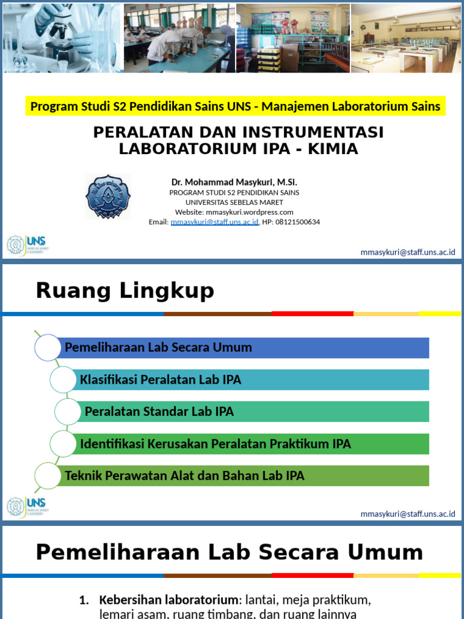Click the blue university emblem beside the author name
click(108, 196)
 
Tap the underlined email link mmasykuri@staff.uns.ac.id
click(214, 222)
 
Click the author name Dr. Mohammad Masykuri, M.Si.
click(234, 182)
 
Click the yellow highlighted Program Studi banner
click(236, 107)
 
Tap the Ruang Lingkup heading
click(125, 291)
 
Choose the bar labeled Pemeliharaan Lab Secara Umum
click(242, 348)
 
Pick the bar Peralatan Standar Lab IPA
click(254, 412)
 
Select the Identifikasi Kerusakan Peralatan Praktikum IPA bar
click(251, 444)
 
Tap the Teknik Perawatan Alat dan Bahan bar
click(242, 476)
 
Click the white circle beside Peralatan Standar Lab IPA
click(67, 412)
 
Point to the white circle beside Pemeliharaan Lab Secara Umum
click(48, 348)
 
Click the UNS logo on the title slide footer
click(27, 245)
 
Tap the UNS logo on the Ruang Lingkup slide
click(27, 507)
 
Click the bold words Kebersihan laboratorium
click(169, 600)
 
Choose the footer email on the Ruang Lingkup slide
click(408, 514)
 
